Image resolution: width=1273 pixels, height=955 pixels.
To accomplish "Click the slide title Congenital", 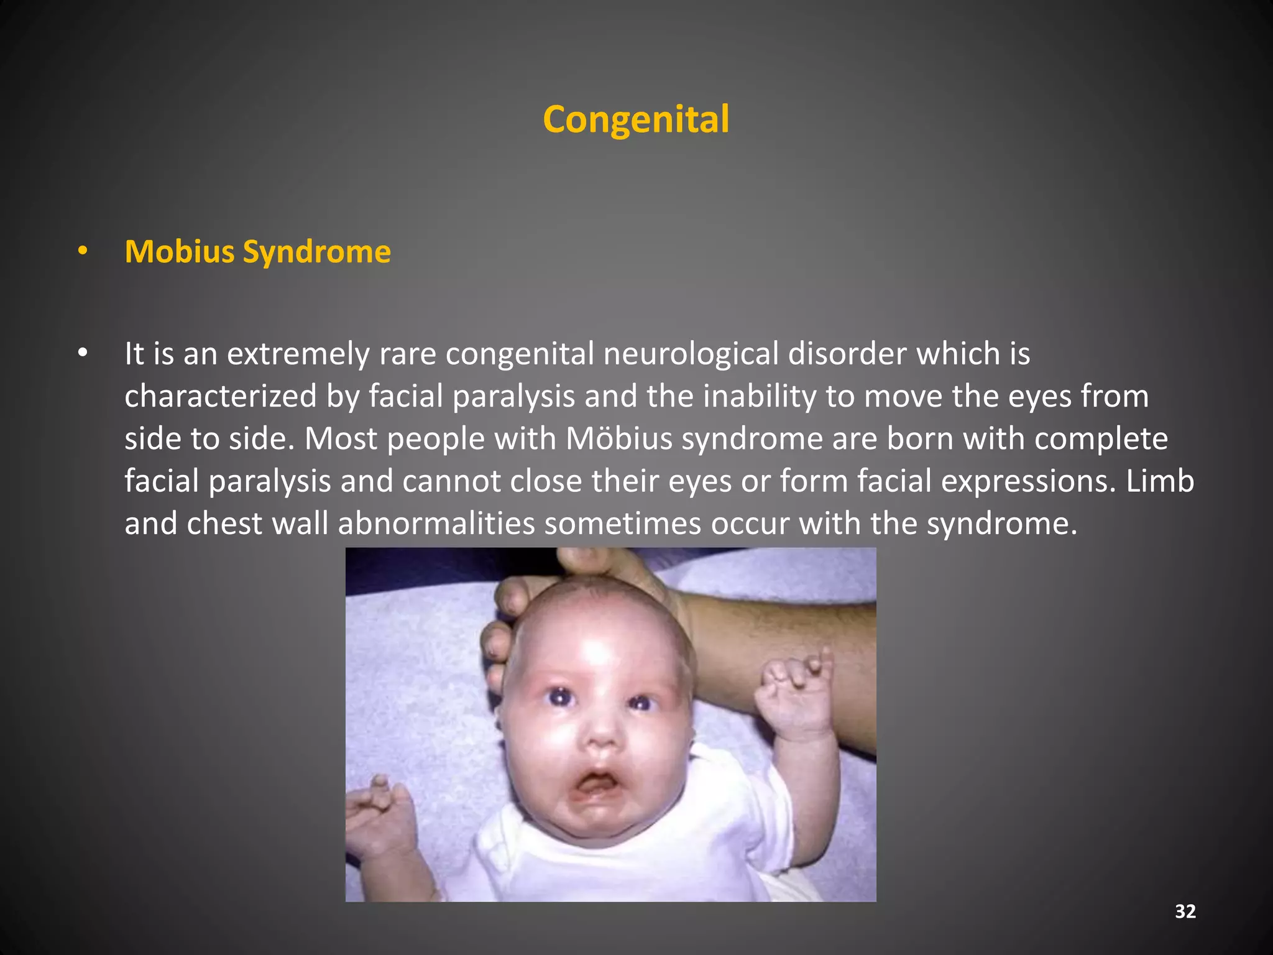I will (x=636, y=119).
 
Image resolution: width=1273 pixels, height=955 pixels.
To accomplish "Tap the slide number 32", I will (x=1185, y=911).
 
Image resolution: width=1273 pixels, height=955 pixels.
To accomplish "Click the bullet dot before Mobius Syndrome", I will (x=83, y=252).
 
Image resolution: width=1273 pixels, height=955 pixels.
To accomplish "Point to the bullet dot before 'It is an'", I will (x=83, y=353).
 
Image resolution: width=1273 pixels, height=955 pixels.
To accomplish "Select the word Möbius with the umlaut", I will (x=619, y=438).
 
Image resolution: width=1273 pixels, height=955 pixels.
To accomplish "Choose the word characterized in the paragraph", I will (x=221, y=396).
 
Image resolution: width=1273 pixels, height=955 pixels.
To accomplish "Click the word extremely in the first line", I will (x=298, y=354).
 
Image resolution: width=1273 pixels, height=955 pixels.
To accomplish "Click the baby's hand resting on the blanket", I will (x=380, y=814).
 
